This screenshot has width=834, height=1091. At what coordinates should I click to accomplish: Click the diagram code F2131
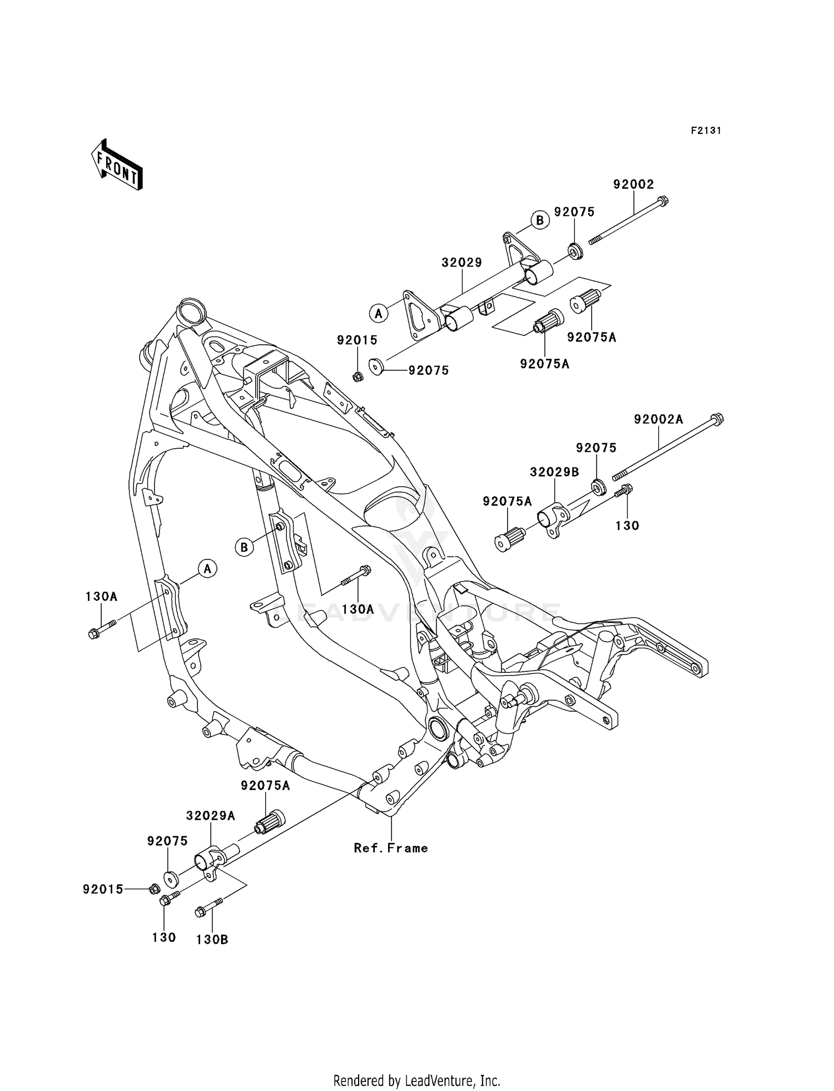pos(706,131)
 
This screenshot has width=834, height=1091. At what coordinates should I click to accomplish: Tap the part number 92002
pos(633,184)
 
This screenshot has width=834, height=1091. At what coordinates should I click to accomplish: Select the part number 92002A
pos(658,419)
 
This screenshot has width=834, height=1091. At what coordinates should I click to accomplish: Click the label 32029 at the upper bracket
pos(461,262)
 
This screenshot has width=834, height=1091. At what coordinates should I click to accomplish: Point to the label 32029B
pos(554,472)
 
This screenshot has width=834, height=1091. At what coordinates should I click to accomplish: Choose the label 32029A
pos(210,816)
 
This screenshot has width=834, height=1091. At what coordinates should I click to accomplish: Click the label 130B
pos(212,940)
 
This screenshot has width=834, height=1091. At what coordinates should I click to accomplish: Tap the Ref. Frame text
pos(391,848)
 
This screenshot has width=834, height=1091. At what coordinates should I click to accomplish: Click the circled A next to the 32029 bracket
pos(379,314)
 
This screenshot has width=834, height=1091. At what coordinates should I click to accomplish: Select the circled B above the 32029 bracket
pos(539,220)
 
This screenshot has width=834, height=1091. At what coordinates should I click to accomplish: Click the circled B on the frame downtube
pos(244,547)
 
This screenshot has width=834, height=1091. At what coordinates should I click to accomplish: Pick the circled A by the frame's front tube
pos(207,569)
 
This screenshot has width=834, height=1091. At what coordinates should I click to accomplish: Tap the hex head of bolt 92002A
pos(717,418)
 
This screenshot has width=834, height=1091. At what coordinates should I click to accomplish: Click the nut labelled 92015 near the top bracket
pos(358,377)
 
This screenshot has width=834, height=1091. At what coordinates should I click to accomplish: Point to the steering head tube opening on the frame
pos(190,309)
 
